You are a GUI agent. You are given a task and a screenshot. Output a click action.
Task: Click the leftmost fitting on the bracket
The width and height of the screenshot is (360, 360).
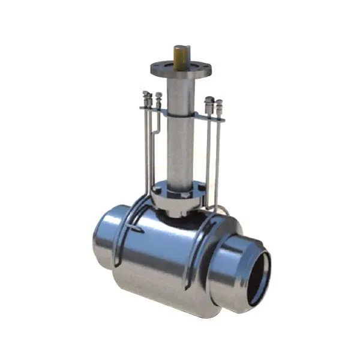[146, 99]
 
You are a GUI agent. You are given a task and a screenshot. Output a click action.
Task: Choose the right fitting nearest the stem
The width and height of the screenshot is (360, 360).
[209, 104]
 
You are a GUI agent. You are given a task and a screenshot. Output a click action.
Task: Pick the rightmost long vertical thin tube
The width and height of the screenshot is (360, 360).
[217, 156]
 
